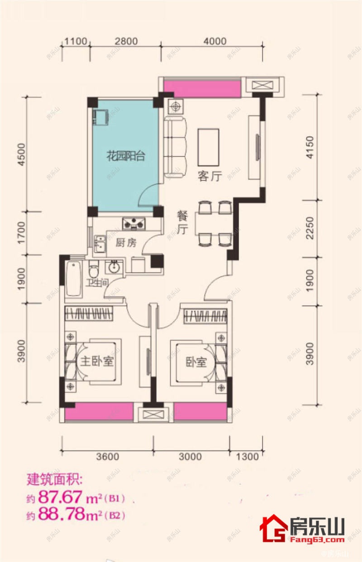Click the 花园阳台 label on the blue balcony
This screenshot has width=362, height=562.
click(126, 156)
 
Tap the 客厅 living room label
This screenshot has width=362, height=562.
click(210, 176)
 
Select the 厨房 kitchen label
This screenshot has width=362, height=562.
click(126, 242)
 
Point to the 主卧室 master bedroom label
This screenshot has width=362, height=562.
click(97, 361)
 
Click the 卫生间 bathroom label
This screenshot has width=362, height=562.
click(97, 283)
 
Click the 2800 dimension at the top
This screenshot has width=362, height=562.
click(126, 41)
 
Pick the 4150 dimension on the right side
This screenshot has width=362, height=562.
click(310, 147)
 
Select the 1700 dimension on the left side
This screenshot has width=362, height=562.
click(22, 233)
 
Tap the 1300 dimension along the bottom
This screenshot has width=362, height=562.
click(247, 457)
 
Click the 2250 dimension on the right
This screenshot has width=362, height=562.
click(310, 228)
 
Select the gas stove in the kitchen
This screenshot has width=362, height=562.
click(134, 223)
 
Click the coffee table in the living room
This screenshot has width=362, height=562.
click(208, 147)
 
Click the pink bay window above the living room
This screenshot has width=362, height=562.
click(202, 88)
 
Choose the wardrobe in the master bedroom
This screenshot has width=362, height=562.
click(89, 313)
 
